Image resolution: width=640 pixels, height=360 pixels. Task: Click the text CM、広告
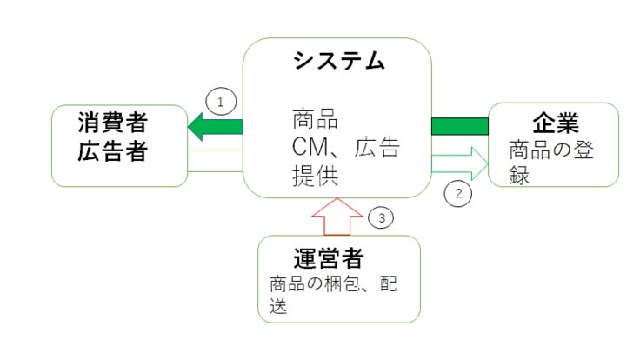pyautogui.click(x=344, y=147)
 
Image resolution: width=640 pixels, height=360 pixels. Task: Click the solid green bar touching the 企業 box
pyautogui.click(x=460, y=127)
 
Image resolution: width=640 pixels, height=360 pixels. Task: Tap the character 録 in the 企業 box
pyautogui.click(x=519, y=175)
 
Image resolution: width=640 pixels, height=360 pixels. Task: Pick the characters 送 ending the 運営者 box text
pyautogui.click(x=278, y=308)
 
